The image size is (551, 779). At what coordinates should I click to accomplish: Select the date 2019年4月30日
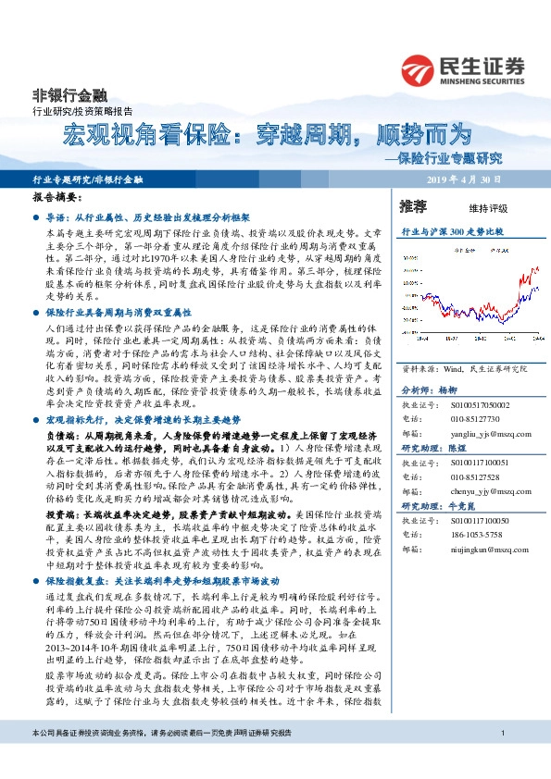point(462,179)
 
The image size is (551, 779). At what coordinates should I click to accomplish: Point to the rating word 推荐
point(413,205)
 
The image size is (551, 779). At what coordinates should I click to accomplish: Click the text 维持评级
point(475,207)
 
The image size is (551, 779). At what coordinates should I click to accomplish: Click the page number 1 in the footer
point(501,760)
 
